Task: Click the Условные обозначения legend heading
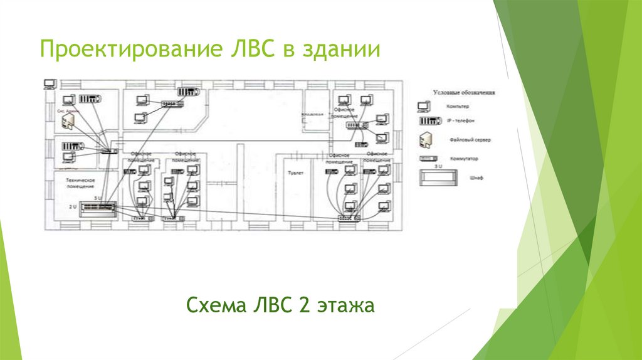pyautogui.click(x=465, y=92)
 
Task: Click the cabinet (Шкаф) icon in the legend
pyautogui.click(x=439, y=177)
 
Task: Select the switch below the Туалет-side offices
pyautogui.click(x=348, y=217)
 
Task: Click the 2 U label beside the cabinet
pyautogui.click(x=74, y=205)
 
